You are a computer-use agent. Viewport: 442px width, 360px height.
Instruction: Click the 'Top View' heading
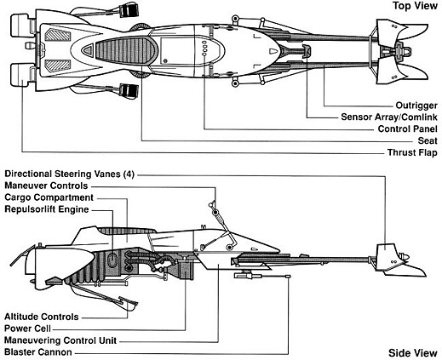415,6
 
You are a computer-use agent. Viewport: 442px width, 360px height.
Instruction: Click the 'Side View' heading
413,353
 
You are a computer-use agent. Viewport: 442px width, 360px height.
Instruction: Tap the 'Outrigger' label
416,106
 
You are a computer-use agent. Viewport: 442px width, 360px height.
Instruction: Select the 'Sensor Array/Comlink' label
389,117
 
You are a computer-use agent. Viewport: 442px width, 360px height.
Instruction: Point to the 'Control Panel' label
408,129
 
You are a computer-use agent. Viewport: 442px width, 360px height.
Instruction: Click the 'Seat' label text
428,140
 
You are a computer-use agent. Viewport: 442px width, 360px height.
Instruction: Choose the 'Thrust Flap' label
412,152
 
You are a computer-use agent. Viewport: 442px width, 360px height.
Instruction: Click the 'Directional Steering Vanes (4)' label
69,174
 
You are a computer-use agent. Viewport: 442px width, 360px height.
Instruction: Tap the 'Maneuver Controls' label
46,186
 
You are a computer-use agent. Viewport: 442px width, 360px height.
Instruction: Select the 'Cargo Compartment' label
49,197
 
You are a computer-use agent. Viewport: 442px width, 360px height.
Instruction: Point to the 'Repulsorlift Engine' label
47,209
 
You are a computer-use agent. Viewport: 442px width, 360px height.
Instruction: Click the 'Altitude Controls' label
42,317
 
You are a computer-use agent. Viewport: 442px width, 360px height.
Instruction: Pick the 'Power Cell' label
27,329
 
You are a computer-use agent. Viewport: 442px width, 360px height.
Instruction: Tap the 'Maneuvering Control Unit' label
60,340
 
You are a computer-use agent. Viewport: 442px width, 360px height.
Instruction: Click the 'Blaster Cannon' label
38,352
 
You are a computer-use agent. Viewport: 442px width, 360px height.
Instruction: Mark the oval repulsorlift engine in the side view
112,260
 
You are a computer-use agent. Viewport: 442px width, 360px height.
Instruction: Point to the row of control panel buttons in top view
204,48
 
